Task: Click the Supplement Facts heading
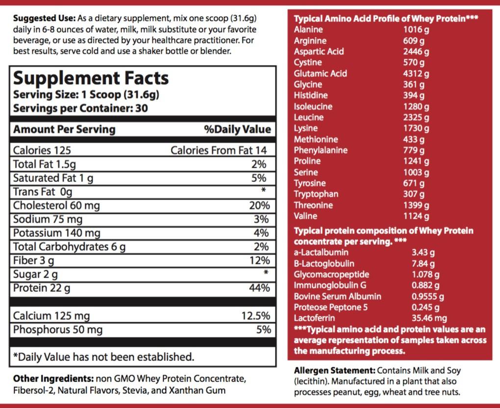91,78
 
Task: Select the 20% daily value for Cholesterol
259,205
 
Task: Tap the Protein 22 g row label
42,288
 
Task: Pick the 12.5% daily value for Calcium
255,316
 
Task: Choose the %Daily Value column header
237,129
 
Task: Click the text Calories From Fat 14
219,151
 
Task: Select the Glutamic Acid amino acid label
320,74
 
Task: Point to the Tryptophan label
316,194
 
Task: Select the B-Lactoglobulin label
324,263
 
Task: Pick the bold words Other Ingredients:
53,379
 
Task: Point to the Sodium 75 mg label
48,219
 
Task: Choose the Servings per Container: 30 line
80,108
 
